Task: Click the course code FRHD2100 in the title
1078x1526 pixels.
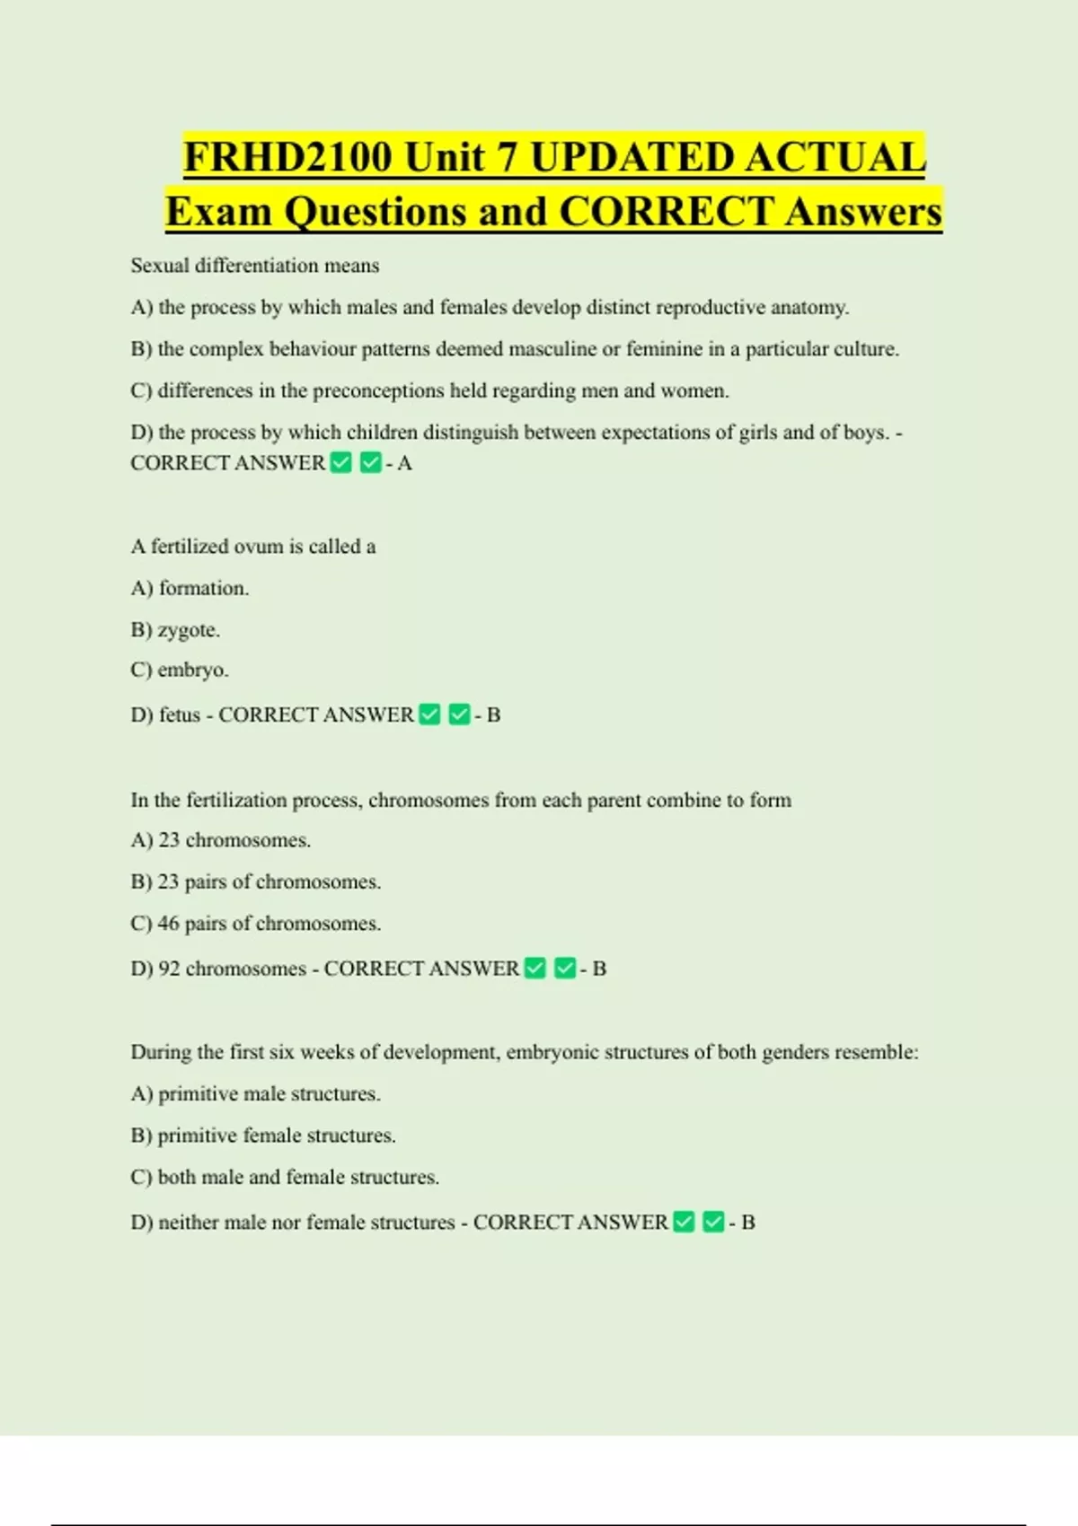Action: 287,158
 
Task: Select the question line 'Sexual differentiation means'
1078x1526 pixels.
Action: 255,266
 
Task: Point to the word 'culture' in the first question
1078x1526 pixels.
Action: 865,349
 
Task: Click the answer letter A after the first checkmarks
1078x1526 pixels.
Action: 404,463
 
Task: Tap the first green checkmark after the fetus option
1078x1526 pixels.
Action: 430,715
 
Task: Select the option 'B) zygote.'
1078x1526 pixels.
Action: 175,630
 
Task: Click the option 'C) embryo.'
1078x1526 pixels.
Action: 180,671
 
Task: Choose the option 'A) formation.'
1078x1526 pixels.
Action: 190,589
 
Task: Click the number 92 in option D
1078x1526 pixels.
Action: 169,969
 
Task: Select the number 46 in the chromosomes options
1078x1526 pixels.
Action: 169,924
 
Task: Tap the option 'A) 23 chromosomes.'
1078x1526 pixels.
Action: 221,840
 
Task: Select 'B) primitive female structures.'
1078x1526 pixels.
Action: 263,1136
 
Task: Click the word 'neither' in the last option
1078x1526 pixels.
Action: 188,1223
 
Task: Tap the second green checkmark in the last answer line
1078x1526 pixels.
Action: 713,1223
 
